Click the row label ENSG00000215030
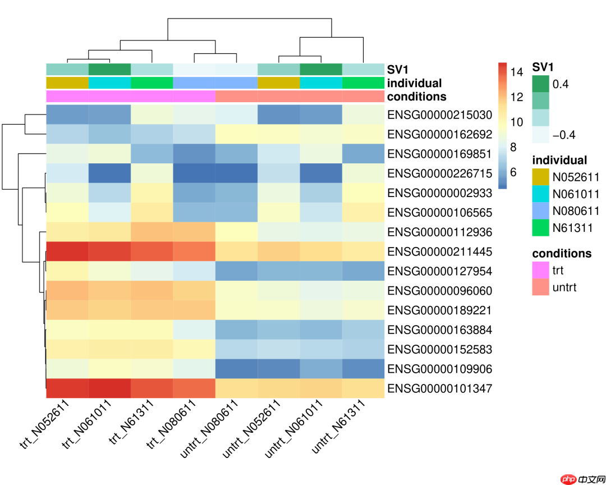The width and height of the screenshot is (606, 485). click(439, 115)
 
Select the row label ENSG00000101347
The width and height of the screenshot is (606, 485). click(439, 388)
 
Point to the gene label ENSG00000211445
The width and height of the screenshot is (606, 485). click(439, 251)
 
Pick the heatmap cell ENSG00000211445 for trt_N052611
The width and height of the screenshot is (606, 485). click(67, 251)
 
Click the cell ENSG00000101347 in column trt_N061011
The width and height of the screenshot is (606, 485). click(109, 388)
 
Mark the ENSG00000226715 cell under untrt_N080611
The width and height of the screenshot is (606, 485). click(236, 173)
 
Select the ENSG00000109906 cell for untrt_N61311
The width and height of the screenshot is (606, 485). click(363, 369)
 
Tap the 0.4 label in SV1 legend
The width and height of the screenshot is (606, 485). click(560, 84)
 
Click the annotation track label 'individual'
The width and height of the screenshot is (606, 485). click(414, 83)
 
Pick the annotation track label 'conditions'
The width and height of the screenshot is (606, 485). click(416, 97)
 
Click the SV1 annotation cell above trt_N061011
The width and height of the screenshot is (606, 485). click(109, 70)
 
